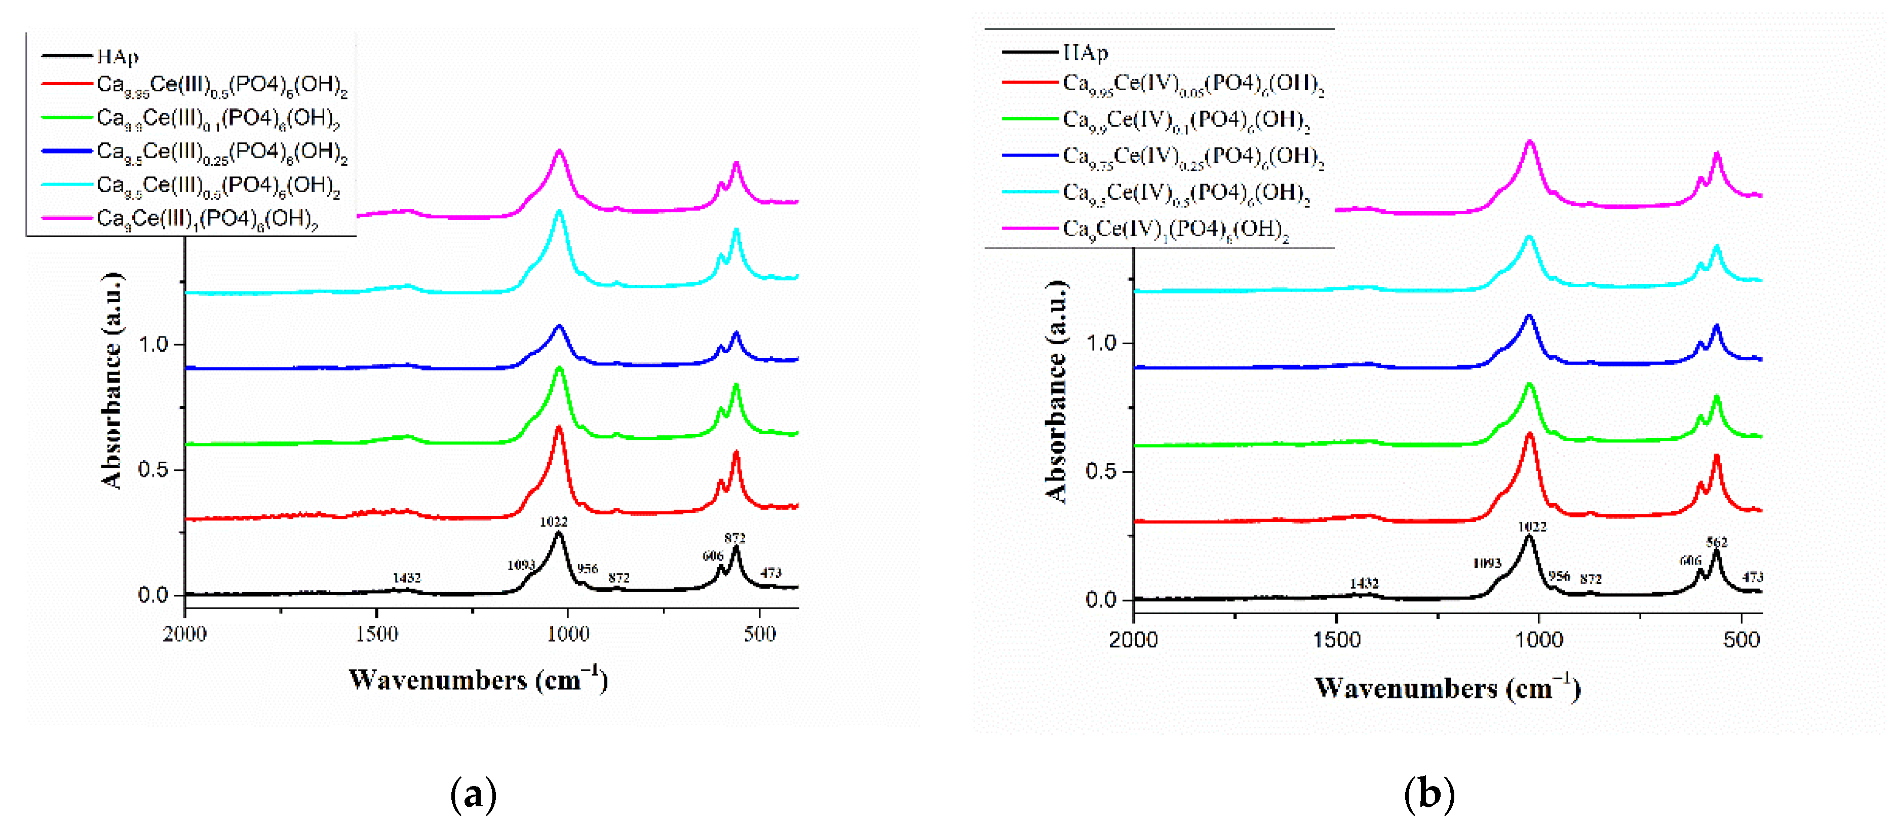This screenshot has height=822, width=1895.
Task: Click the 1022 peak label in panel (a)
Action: [553, 522]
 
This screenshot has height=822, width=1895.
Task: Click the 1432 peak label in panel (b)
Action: [1363, 583]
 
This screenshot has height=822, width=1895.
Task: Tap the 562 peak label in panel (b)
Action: [1716, 542]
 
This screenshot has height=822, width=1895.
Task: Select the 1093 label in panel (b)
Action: [1486, 563]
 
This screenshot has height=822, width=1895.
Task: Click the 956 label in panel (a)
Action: [587, 568]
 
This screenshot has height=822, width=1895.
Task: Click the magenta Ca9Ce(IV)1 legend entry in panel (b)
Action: [1175, 230]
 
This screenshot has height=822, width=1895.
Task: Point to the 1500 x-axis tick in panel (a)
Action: [377, 634]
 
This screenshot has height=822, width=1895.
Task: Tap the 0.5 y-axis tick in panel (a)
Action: [153, 469]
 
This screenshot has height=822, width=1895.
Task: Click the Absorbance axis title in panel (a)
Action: [112, 381]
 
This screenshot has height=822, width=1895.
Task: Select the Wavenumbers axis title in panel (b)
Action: [1447, 689]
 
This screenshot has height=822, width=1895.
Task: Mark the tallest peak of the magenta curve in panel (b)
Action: [1530, 141]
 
